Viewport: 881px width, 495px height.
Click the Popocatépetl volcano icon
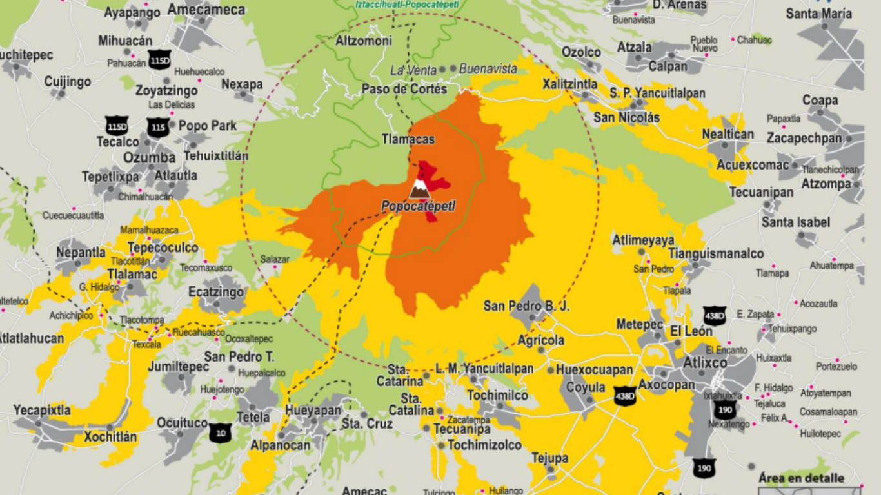[x=420, y=189]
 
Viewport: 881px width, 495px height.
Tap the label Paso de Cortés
[x=404, y=89]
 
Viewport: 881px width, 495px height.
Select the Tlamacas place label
[x=408, y=139]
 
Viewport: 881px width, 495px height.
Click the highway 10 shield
[x=220, y=433]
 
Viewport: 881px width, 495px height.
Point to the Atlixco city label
[x=705, y=363]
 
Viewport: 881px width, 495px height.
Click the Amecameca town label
[x=206, y=10]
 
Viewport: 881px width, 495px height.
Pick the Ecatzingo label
[x=216, y=292]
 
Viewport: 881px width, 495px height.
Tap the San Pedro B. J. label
[x=526, y=306]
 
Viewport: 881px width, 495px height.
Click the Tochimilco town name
[x=497, y=395]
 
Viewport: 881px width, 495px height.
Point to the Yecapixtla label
[x=42, y=410]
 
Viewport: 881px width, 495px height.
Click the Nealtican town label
[x=728, y=134]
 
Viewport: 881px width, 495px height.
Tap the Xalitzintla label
[x=569, y=84]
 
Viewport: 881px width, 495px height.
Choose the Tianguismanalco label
[x=716, y=254]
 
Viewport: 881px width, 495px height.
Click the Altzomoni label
[x=364, y=41]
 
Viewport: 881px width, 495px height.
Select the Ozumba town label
[x=149, y=158]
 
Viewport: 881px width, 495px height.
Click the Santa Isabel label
[x=795, y=222]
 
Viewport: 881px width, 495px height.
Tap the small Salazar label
[x=275, y=259]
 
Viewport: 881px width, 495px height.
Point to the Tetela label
[x=253, y=417]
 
